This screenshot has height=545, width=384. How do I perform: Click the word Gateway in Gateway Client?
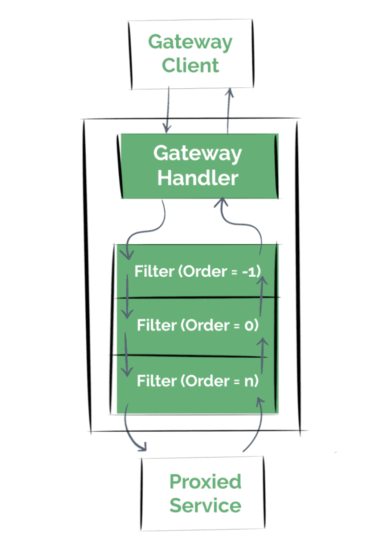pos(190,43)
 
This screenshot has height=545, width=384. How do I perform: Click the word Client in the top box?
pos(190,65)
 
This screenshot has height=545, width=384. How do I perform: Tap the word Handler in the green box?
pos(198,177)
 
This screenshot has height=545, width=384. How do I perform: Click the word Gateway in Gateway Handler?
pos(198,153)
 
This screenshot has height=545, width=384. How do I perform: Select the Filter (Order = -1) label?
pos(198,271)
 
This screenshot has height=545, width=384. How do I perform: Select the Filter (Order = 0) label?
pos(198,325)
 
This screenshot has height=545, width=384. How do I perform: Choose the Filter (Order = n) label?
pos(198,381)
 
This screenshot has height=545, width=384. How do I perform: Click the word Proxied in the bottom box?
pos(205,482)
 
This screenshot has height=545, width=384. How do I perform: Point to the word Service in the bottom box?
pos(205,505)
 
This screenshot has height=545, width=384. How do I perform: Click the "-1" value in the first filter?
pos(249,271)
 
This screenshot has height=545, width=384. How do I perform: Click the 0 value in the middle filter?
pos(248,325)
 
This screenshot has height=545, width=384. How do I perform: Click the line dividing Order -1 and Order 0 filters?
pos(197,297)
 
